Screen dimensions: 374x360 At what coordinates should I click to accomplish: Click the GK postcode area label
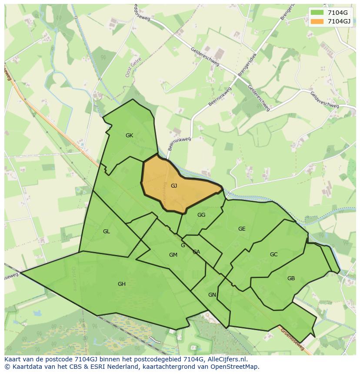[129, 136]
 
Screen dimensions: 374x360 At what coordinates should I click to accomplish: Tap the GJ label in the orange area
[174, 186]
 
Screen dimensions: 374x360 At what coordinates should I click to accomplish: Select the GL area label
[107, 232]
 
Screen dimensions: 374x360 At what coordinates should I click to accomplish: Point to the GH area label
[122, 284]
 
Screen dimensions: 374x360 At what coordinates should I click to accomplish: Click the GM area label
[173, 255]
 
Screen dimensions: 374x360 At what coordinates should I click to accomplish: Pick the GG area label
[201, 215]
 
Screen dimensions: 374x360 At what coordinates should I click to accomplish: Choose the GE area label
[242, 229]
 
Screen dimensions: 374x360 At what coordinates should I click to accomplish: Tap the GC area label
[273, 255]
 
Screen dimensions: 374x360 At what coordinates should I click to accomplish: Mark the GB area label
[291, 278]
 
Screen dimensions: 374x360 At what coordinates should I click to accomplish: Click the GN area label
[212, 295]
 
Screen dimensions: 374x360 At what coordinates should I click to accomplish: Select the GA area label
[197, 252]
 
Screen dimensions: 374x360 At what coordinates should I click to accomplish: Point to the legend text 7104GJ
[339, 21]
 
